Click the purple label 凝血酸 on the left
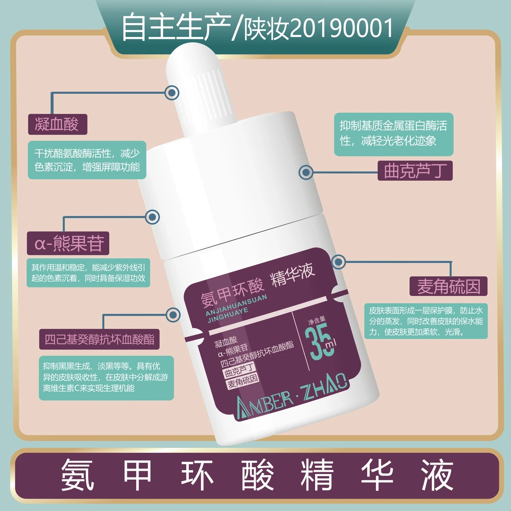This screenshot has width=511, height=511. point(56,124)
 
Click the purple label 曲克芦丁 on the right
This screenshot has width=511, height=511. point(415,170)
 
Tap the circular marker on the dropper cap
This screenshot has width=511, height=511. point(171,92)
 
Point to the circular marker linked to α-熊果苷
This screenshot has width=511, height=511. point(152,217)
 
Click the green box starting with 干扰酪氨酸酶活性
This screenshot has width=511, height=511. point(87,160)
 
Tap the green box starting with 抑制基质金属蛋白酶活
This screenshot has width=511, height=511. point(393,134)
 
